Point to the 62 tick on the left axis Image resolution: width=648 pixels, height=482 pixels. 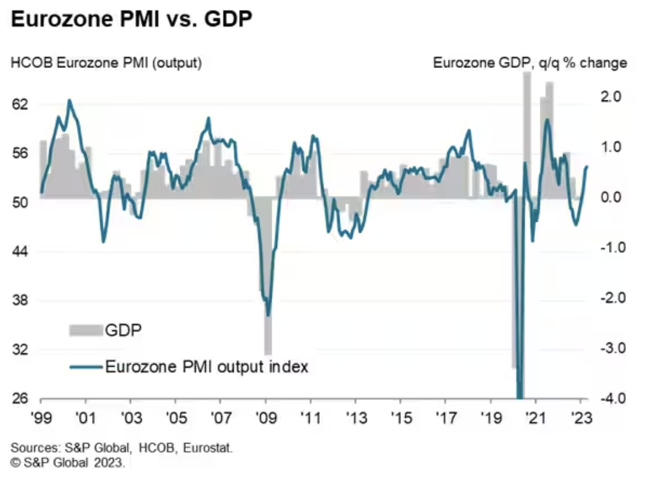pyautogui.click(x=20, y=104)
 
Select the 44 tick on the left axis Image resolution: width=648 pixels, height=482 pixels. pyautogui.click(x=20, y=252)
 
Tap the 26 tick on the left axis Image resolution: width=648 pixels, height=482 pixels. pyautogui.click(x=20, y=399)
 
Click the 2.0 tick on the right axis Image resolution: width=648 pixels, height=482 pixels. pyautogui.click(x=611, y=97)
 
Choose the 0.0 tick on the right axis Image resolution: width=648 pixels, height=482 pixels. pyautogui.click(x=611, y=198)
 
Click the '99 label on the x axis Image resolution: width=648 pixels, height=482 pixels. pyautogui.click(x=41, y=416)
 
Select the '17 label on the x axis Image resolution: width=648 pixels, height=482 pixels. pyautogui.click(x=445, y=416)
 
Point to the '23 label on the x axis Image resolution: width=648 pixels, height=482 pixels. pyautogui.click(x=581, y=416)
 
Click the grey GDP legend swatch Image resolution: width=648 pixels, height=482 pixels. pyautogui.click(x=86, y=330)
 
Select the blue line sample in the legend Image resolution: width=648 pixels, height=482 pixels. pyautogui.click(x=86, y=367)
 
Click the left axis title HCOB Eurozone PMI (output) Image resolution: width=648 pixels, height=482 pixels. pyautogui.click(x=106, y=63)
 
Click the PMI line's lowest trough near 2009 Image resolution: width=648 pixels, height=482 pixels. pyautogui.click(x=268, y=314)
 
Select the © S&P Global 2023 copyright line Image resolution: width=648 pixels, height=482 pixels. pyautogui.click(x=67, y=464)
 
